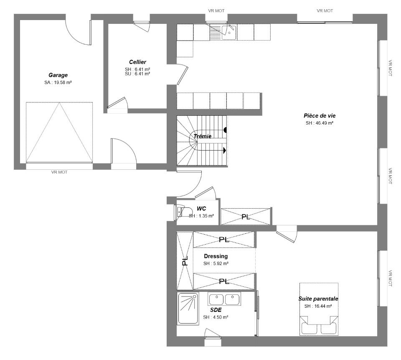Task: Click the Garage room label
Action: point(58,75)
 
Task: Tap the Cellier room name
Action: point(137,62)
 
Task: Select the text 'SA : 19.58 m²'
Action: point(58,82)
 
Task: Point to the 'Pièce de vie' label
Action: point(320,115)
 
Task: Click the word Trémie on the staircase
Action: point(202,136)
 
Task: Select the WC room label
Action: point(201,209)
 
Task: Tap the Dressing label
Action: point(216,256)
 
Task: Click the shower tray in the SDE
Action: point(188,309)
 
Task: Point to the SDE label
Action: point(216,310)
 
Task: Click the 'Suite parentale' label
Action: point(318,299)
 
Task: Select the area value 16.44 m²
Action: point(323,306)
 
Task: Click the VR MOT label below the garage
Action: point(59,172)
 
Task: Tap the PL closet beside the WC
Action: point(246,217)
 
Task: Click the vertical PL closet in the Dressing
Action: point(185,260)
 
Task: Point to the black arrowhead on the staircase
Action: point(225,150)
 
